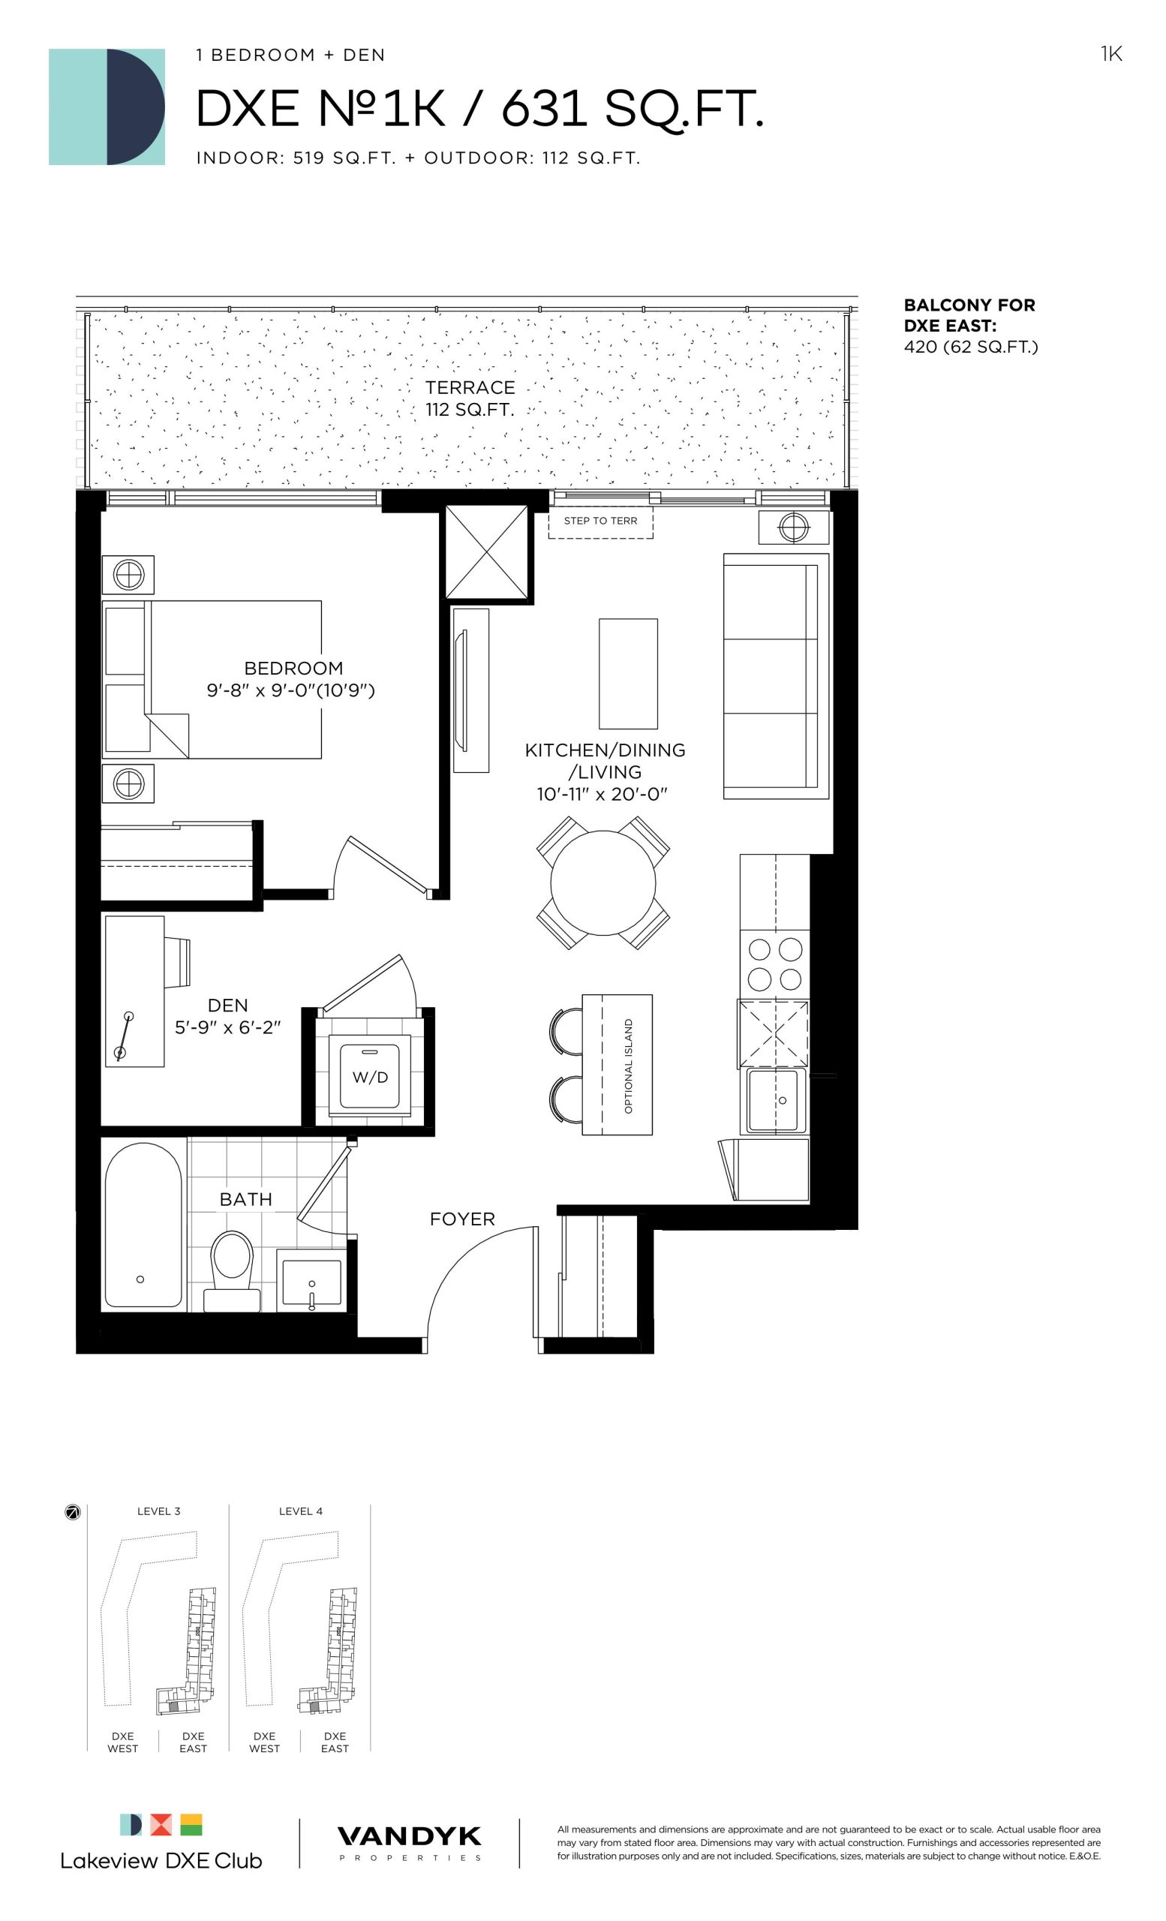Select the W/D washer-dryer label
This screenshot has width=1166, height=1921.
coord(369,1077)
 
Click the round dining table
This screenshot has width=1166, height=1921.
coord(603,882)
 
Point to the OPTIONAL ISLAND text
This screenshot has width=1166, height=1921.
coord(628,1065)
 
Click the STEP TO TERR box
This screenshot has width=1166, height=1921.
coord(600,521)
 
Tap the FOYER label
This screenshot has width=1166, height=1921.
coord(462,1219)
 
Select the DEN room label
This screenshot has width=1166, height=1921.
coord(227,1005)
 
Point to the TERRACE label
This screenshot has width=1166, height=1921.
coord(470,387)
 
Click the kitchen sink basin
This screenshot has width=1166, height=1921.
coord(772,1099)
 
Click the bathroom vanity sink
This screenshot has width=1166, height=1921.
coord(311,1282)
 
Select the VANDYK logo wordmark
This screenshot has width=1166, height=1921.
coord(409,1836)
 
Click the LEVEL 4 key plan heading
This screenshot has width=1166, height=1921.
coord(300,1511)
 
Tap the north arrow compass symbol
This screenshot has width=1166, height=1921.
coord(73,1513)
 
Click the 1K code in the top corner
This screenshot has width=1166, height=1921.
coord(1110,54)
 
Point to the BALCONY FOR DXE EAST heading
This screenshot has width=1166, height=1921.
coord(969,315)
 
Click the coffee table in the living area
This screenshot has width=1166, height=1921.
coord(627,674)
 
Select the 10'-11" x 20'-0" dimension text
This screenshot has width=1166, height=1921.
coord(603,794)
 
